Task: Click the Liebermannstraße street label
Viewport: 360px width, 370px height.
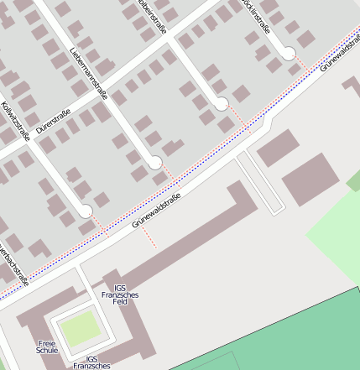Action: pyautogui.click(x=88, y=72)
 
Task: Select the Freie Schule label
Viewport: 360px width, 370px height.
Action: pyautogui.click(x=48, y=347)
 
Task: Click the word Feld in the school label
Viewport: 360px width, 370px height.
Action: pyautogui.click(x=120, y=301)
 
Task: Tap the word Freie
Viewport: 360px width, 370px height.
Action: pyautogui.click(x=48, y=342)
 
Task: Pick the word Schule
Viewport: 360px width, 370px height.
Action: pyautogui.click(x=48, y=351)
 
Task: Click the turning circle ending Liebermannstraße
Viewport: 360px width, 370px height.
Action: pyautogui.click(x=155, y=162)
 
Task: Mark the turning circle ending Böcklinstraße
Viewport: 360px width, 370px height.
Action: pyautogui.click(x=288, y=54)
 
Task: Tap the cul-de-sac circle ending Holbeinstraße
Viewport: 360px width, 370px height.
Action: pyautogui.click(x=222, y=104)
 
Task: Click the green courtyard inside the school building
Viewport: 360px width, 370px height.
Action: pyautogui.click(x=78, y=330)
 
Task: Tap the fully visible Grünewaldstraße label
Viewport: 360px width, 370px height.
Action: pyautogui.click(x=156, y=211)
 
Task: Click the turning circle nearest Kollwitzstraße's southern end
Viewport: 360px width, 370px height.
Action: pyautogui.click(x=86, y=211)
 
